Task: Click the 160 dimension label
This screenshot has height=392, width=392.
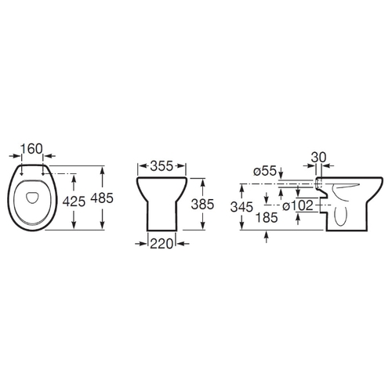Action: coord(31,149)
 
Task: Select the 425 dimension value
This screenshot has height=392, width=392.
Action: coord(74,201)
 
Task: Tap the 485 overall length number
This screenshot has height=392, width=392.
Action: coord(102,198)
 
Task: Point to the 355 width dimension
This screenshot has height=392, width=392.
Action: coord(162,166)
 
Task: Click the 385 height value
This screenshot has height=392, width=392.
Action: coord(202,205)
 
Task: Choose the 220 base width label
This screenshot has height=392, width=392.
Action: coord(162,244)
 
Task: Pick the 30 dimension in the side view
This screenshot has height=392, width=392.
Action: coord(319,158)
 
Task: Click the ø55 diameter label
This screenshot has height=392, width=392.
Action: coord(265,171)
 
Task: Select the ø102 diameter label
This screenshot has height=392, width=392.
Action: coord(298,206)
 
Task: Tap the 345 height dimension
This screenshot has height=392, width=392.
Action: coord(241,207)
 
